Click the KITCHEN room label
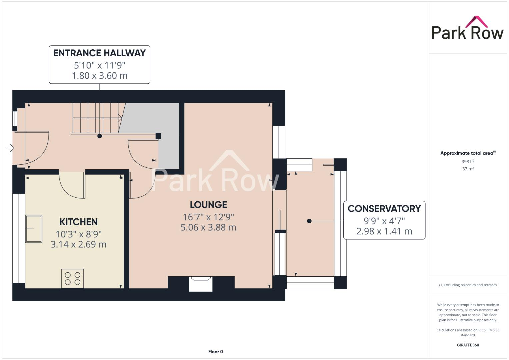pos(78,222)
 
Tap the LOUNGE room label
pos(208,205)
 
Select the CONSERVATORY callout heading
pos(384,209)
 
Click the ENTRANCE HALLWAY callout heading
pos(99,53)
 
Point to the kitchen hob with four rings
pos(73,278)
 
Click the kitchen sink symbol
pos(34,229)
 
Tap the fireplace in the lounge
pos(201,284)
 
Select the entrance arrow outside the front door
pos(10,148)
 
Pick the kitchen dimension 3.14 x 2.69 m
pos(78,244)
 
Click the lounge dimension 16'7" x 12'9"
pos(208,217)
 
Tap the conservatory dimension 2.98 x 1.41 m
pos(384,231)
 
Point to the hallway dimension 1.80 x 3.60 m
pos(99,76)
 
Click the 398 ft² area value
pos(468,161)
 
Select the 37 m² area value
pos(468,169)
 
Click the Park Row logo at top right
pos(467,29)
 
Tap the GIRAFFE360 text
pos(468,345)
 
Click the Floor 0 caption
pos(215,352)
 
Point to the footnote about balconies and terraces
pos(468,285)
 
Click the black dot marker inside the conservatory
pos(309,221)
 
